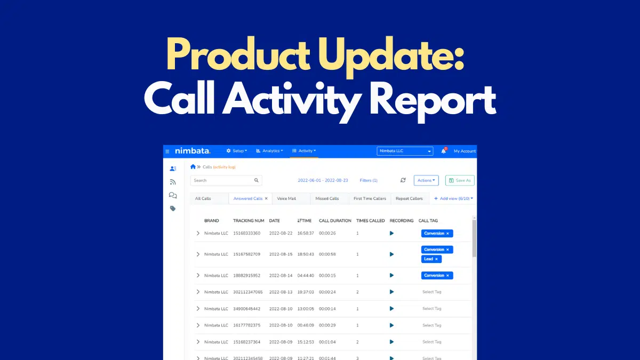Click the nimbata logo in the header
pos(193,151)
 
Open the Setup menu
pos(237,151)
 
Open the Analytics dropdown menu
pos(269,151)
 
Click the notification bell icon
pos(443,151)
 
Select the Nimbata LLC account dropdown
pos(405,151)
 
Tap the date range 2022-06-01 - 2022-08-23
pos(323,180)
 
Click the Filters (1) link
pos(369,180)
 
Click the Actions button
pos(426,180)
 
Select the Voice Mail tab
pos(286,198)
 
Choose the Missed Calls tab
pos(327,198)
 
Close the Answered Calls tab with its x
pos(266,198)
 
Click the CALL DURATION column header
pos(335,221)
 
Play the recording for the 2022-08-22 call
pos(391,233)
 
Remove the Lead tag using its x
pos(436,259)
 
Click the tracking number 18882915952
pos(246,275)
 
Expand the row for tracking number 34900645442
pos(198,309)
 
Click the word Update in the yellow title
pos(390,55)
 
